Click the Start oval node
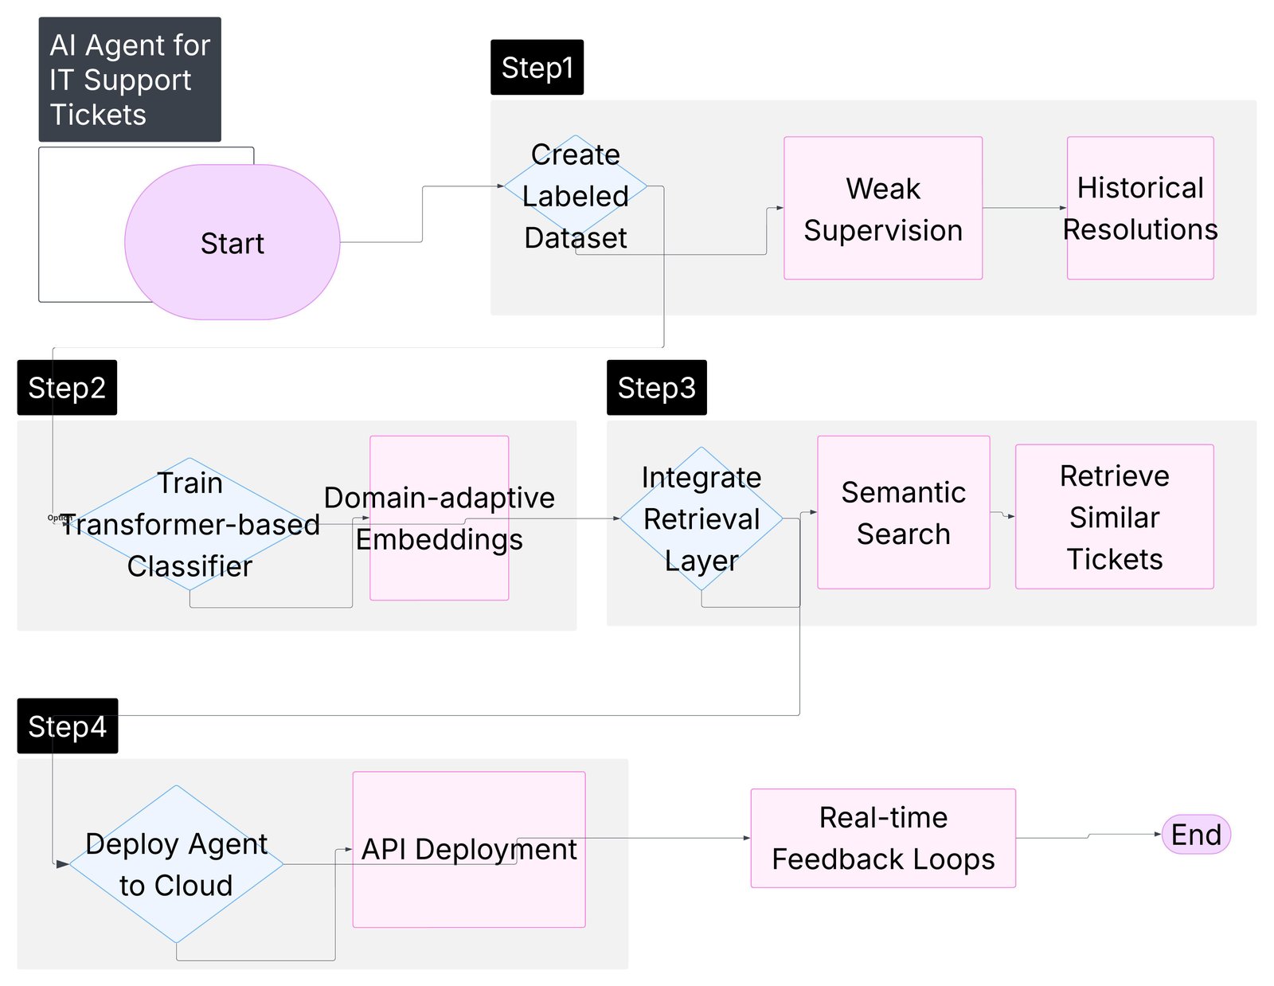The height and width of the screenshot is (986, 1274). (232, 242)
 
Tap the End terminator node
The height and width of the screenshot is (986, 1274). (1196, 834)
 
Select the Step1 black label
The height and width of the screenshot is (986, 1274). (537, 67)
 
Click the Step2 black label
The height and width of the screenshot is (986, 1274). (67, 387)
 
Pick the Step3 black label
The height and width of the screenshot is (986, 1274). (656, 387)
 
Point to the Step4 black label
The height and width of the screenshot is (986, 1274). (67, 726)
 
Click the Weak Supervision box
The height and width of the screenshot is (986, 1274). (882, 208)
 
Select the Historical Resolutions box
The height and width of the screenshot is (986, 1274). (1139, 208)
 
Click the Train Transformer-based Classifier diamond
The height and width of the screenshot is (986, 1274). (190, 523)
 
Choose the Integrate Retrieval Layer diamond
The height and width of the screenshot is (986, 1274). (701, 518)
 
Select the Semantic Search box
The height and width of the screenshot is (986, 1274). (903, 512)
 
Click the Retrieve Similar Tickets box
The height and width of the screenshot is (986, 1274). (1114, 516)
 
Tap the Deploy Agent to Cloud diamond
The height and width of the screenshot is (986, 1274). (176, 864)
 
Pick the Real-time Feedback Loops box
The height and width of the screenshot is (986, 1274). (882, 838)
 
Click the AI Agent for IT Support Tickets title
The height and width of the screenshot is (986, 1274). (130, 80)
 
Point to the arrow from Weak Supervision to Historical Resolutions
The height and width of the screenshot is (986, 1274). (1024, 208)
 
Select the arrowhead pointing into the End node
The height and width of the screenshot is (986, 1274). (1158, 834)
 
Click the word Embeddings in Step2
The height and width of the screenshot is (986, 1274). (439, 539)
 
